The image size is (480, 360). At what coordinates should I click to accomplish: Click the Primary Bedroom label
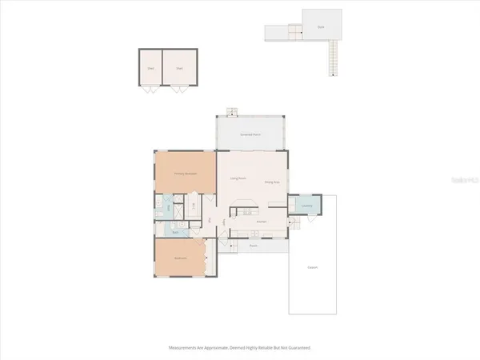pyautogui.click(x=185, y=173)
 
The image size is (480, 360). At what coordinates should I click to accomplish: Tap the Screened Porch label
pyautogui.click(x=251, y=134)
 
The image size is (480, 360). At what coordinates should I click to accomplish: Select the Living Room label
pyautogui.click(x=238, y=178)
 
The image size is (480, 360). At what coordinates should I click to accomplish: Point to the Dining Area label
pyautogui.click(x=271, y=183)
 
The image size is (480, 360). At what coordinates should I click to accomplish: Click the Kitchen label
pyautogui.click(x=261, y=221)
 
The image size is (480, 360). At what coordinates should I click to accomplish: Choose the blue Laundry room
pyautogui.click(x=306, y=206)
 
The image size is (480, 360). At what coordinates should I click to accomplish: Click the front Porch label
pyautogui.click(x=253, y=246)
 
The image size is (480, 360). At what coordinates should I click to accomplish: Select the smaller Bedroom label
pyautogui.click(x=182, y=259)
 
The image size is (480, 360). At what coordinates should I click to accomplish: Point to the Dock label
pyautogui.click(x=321, y=26)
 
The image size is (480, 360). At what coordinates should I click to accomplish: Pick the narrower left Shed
pyautogui.click(x=151, y=68)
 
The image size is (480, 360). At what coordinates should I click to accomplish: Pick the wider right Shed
pyautogui.click(x=179, y=68)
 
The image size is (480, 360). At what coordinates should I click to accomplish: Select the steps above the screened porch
pyautogui.click(x=231, y=112)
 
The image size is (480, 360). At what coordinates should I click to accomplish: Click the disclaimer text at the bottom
pyautogui.click(x=239, y=348)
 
